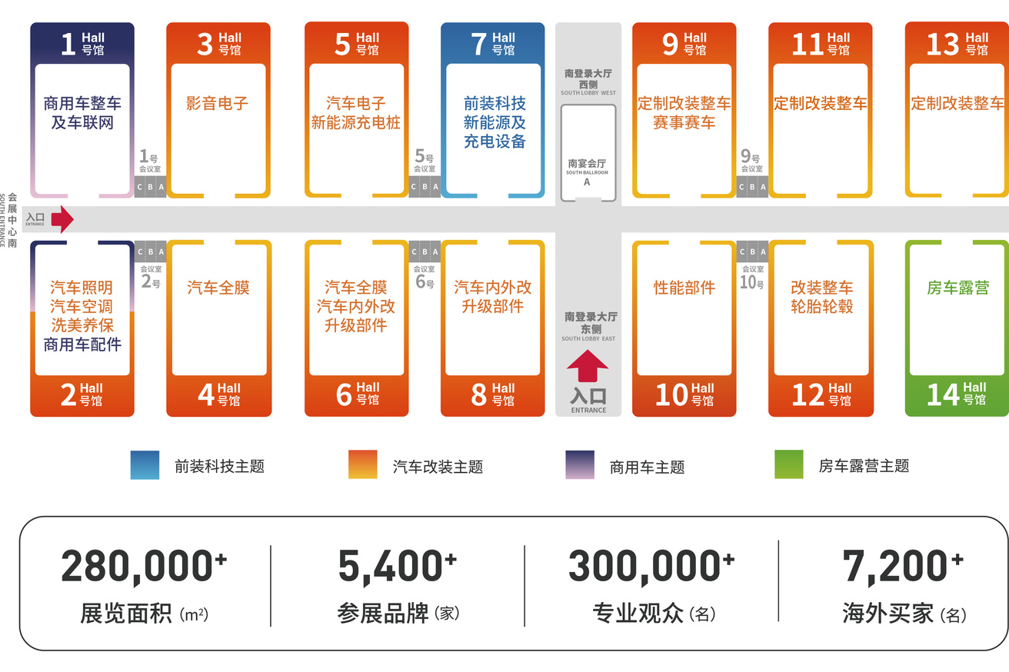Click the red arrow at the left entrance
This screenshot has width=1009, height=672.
click(62, 219)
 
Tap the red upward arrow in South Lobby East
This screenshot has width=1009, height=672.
click(588, 366)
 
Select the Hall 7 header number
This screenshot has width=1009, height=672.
click(478, 44)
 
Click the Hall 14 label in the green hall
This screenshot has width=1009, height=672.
click(956, 394)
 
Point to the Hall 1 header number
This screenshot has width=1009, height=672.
click(68, 44)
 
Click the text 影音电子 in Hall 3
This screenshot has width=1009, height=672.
click(217, 103)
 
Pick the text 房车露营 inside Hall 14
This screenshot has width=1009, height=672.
click(957, 288)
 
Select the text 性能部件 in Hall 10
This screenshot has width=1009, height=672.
click(684, 288)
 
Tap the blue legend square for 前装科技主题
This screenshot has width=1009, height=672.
click(145, 465)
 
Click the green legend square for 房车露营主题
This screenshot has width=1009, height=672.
click(789, 464)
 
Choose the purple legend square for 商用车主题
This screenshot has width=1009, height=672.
click(580, 464)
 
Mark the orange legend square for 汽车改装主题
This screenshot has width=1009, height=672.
click(363, 464)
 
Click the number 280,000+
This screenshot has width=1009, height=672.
click(144, 566)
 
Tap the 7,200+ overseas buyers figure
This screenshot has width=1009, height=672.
click(903, 566)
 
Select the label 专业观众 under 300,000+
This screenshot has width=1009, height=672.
click(638, 613)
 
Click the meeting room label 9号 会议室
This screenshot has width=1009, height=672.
click(751, 161)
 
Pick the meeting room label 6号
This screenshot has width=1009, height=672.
click(425, 277)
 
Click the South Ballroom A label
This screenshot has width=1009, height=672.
click(587, 172)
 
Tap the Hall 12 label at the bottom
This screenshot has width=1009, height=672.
click(821, 394)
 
